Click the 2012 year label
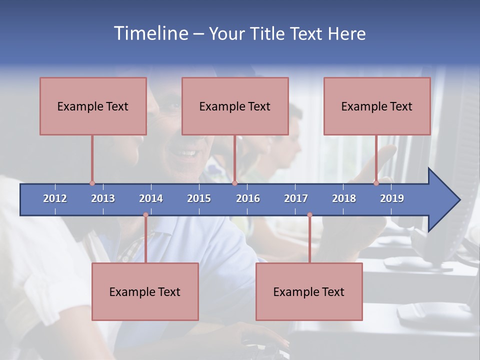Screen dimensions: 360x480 click(55, 198)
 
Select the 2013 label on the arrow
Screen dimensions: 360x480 click(103, 198)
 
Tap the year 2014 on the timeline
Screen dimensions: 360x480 click(151, 198)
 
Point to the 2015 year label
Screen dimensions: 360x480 click(199, 198)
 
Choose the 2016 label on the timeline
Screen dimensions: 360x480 click(248, 198)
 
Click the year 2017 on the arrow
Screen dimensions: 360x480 click(296, 198)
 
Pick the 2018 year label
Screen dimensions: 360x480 click(344, 198)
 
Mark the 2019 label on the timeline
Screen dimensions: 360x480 click(392, 198)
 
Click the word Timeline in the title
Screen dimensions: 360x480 click(150, 33)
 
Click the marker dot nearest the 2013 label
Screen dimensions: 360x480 click(92, 183)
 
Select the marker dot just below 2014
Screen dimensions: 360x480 click(145, 215)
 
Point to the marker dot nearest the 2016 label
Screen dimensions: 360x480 click(234, 183)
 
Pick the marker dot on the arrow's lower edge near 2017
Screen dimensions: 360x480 click(309, 215)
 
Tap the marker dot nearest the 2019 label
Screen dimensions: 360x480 click(376, 183)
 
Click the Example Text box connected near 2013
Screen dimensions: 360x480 click(93, 106)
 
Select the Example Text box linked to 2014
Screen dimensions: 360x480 click(145, 291)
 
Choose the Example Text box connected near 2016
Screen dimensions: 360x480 click(235, 106)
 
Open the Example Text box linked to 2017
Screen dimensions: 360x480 click(309, 291)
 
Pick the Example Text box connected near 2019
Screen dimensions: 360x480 click(377, 106)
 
